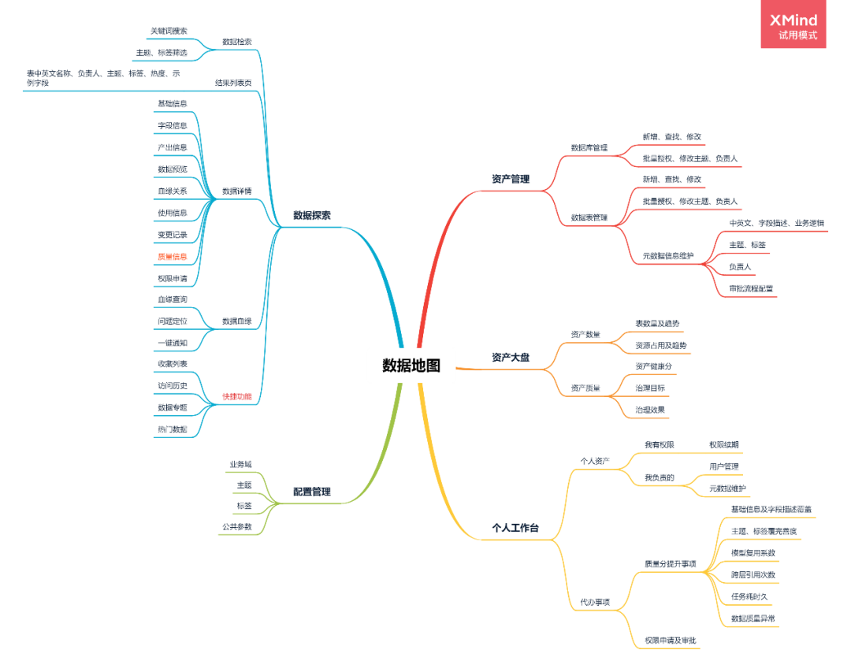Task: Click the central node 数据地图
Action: tap(411, 366)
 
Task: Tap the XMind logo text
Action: tap(793, 20)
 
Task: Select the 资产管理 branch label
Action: tap(511, 180)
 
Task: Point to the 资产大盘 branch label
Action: tap(511, 358)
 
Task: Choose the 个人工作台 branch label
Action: tap(515, 528)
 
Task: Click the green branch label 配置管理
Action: tap(312, 492)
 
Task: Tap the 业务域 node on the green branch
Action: tap(240, 464)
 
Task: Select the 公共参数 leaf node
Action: tap(236, 526)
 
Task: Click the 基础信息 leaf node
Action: tap(172, 104)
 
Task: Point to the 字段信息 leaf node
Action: tap(172, 125)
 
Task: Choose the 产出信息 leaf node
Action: tap(172, 147)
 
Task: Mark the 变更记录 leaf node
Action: tap(172, 235)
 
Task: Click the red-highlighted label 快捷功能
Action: tap(236, 397)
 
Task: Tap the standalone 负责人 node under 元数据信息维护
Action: tap(740, 267)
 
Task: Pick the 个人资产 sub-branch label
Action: tap(595, 461)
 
